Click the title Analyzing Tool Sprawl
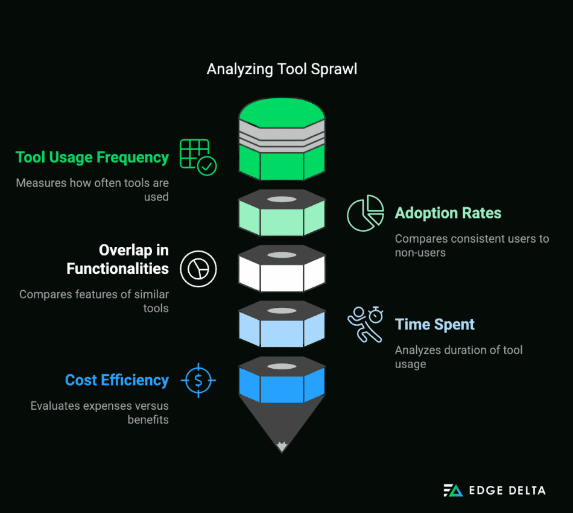click(282, 69)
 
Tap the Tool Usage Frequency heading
click(92, 158)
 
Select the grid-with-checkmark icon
click(198, 157)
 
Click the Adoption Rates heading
click(448, 213)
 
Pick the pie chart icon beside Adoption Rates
click(366, 212)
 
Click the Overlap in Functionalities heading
click(118, 260)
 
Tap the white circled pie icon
click(198, 269)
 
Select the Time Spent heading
click(435, 324)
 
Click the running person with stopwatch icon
click(366, 324)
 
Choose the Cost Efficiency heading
click(117, 380)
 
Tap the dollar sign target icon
click(198, 380)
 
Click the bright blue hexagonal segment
click(282, 386)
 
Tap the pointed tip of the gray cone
click(282, 448)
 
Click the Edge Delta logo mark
click(453, 490)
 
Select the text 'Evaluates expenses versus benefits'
click(100, 413)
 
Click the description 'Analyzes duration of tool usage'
click(458, 357)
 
